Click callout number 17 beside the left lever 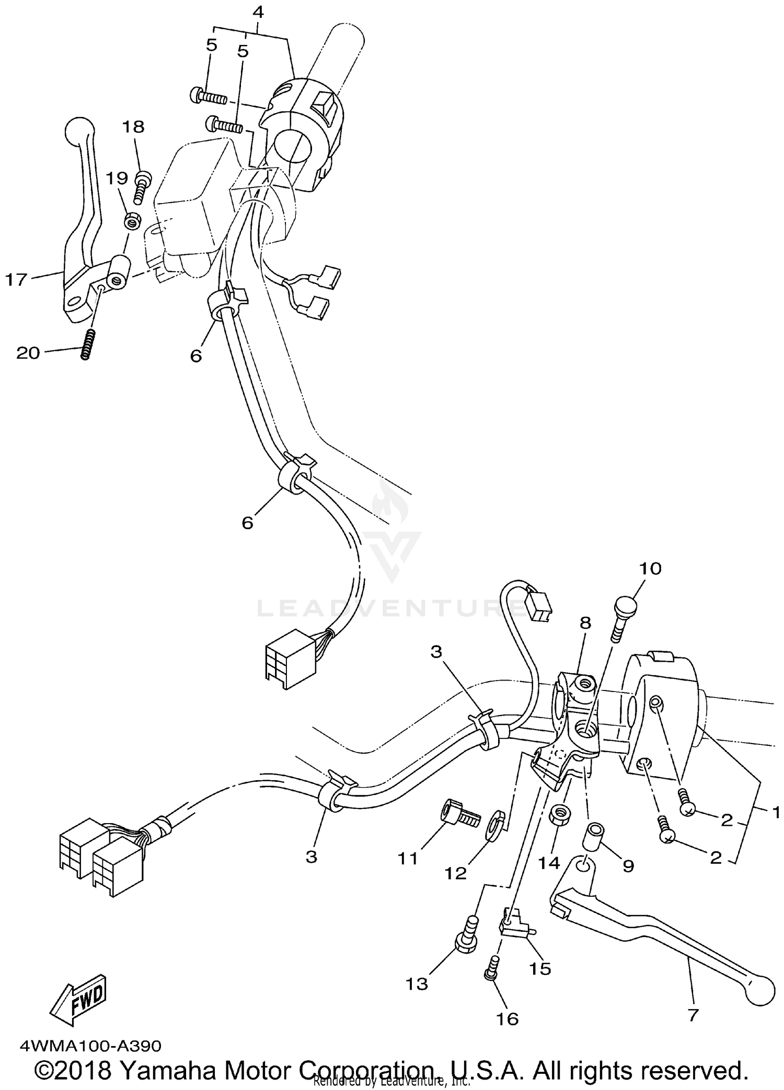[16, 280]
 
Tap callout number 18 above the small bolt [133, 127]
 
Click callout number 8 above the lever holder [585, 623]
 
